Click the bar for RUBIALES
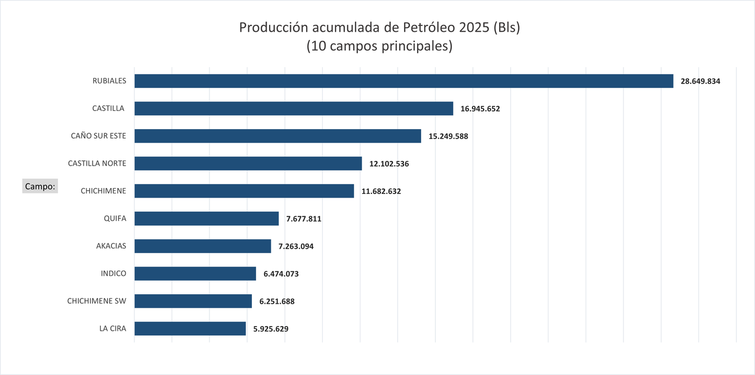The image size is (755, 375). [403, 81]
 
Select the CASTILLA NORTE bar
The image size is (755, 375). [248, 163]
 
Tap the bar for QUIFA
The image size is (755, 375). [206, 219]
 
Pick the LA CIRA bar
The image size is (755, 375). [190, 328]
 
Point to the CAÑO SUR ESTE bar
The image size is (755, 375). [277, 136]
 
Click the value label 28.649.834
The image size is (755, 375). [700, 81]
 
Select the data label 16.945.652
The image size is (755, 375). [480, 108]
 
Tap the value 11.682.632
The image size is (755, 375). [381, 191]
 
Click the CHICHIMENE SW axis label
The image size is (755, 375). [97, 301]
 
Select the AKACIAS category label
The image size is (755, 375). [111, 246]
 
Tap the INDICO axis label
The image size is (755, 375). [113, 273]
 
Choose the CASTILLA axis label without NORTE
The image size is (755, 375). [109, 108]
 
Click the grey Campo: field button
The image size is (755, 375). [40, 186]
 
